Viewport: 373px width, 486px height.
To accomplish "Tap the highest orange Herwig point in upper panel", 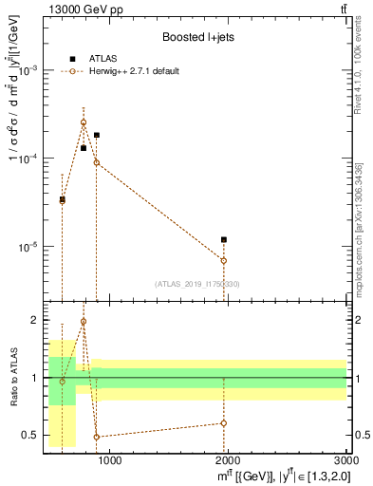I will click(84, 122).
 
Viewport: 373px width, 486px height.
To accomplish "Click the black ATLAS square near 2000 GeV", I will click(224, 239).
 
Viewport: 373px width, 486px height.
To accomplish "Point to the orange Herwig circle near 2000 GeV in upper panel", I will click(224, 260).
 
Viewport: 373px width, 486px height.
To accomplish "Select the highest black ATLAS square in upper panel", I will click(97, 136).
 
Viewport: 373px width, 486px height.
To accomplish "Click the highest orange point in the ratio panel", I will click(84, 322).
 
